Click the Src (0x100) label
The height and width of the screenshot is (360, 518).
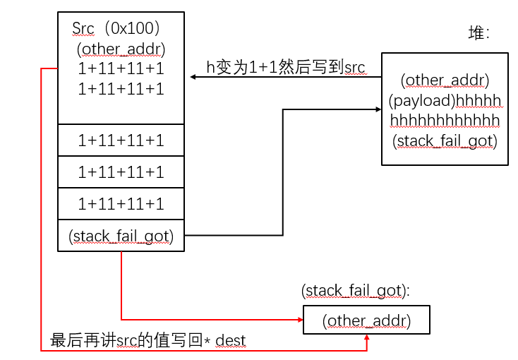(117, 29)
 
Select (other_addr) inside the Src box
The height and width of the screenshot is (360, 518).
(121, 49)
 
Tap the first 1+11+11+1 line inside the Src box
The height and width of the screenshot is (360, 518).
(121, 69)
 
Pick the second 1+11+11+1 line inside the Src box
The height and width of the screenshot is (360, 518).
(121, 89)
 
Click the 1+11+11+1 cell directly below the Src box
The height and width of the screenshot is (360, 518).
(121, 140)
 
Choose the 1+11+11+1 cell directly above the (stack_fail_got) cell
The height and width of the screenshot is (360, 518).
(121, 204)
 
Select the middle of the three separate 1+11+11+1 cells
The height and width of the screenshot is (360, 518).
(121, 172)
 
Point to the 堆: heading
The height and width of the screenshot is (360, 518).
(479, 33)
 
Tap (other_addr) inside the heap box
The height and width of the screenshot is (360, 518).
(445, 80)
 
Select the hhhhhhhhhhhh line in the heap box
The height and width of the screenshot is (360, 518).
(445, 119)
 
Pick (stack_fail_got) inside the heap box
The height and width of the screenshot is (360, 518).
(445, 140)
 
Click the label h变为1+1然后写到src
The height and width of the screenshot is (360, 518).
(285, 67)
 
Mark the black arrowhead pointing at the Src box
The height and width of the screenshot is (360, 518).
(193, 77)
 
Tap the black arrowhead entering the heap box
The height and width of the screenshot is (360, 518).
(376, 109)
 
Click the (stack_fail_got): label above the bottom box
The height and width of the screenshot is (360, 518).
(356, 290)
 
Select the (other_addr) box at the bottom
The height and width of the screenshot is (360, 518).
(366, 320)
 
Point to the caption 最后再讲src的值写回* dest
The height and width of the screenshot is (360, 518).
(148, 340)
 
